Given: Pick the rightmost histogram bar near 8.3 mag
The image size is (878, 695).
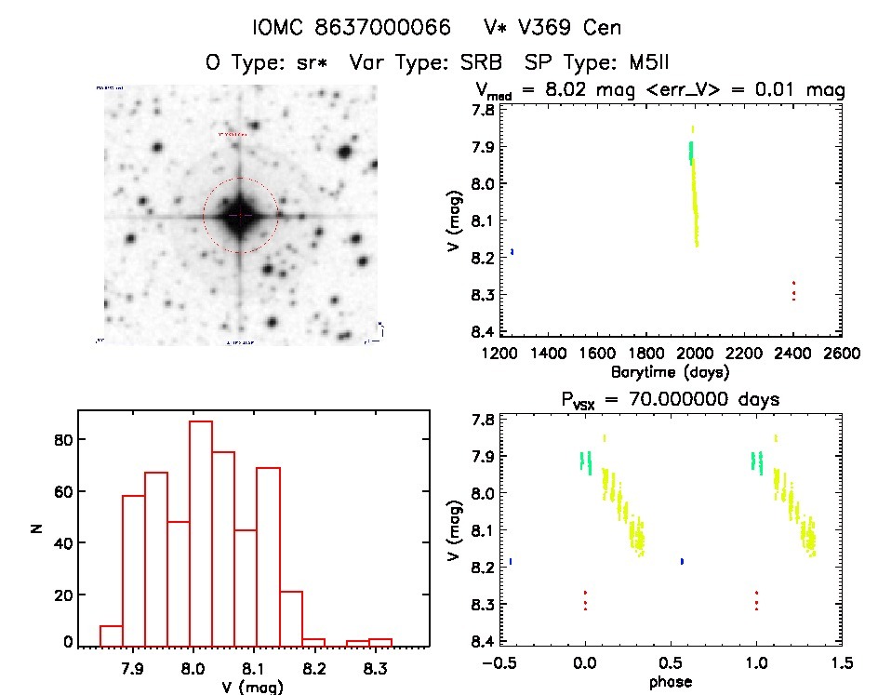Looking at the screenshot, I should [379, 641].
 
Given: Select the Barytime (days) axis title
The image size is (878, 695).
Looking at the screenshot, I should [670, 371].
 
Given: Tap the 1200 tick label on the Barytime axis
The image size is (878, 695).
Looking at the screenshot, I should [500, 354].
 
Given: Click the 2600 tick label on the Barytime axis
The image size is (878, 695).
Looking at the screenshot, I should [841, 354].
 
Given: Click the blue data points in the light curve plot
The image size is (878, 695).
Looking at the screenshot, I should [512, 252].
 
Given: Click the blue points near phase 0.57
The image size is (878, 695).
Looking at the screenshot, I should [683, 561].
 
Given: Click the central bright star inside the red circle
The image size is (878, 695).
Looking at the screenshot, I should [240, 215].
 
